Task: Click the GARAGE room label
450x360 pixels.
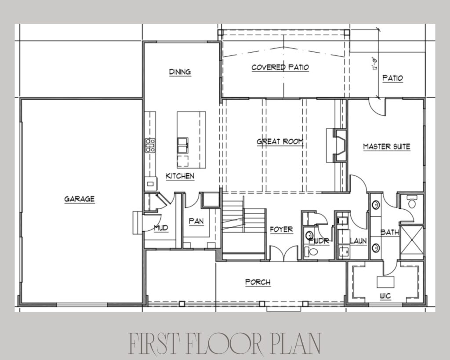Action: (x=79, y=199)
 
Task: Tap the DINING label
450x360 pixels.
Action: (x=180, y=72)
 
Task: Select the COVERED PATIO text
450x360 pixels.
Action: (x=280, y=67)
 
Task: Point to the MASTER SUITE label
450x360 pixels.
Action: (x=387, y=146)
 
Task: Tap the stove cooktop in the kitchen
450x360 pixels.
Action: (x=150, y=145)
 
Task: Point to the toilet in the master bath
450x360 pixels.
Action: (x=412, y=202)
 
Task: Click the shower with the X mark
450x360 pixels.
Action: (x=411, y=240)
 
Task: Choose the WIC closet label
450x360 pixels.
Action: (x=385, y=296)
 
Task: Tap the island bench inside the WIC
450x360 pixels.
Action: (x=385, y=282)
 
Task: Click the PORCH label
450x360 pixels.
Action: (x=258, y=282)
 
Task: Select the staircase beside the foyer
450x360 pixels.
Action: (x=243, y=224)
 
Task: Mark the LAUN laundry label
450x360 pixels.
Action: (x=359, y=241)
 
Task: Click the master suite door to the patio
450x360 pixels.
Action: (x=377, y=107)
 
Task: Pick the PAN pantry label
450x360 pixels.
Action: (x=196, y=221)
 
